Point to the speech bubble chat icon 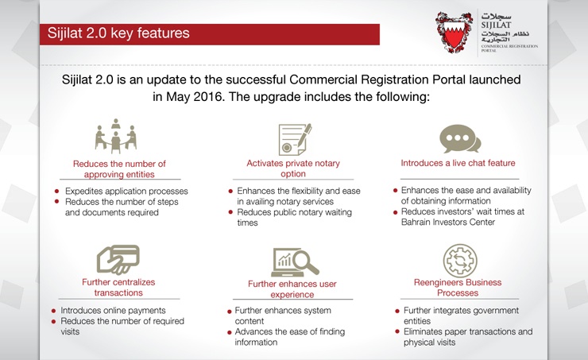coord(461,139)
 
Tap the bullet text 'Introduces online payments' coord(113,310)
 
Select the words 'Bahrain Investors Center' coord(448,222)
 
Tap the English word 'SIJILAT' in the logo coord(497,24)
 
